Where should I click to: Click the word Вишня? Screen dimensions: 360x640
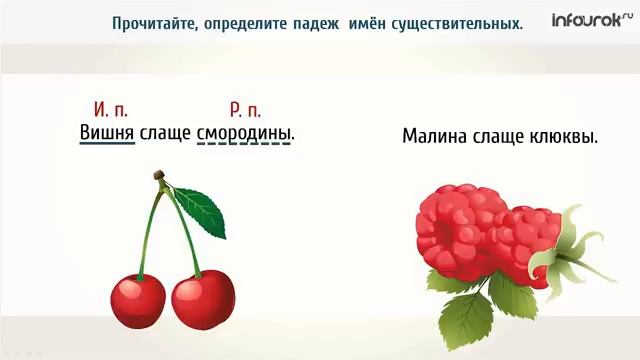click(x=106, y=133)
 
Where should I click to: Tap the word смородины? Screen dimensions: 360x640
click(x=246, y=133)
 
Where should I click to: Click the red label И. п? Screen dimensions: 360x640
click(x=110, y=109)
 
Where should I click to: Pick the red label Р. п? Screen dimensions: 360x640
click(x=244, y=109)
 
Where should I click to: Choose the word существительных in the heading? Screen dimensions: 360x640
click(x=452, y=22)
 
